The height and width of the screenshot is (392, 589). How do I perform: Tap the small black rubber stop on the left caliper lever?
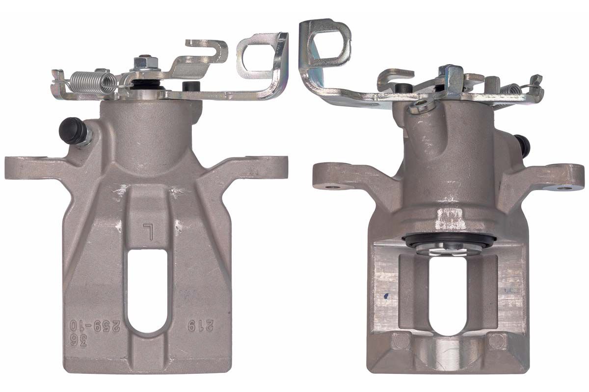(x=189, y=86)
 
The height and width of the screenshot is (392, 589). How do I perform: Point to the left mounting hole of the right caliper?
(x=333, y=186)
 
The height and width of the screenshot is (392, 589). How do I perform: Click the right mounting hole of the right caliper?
(x=565, y=187)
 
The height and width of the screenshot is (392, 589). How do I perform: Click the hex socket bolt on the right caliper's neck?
(x=423, y=104)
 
